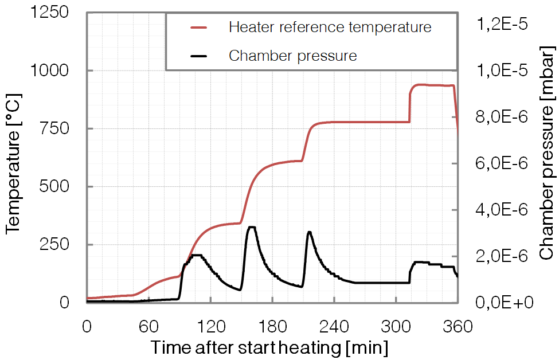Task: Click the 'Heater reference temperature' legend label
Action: [329, 27]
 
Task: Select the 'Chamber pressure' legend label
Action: [292, 56]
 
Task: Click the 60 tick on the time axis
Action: [148, 327]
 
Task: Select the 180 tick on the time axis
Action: [272, 327]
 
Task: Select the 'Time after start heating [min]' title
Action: [269, 348]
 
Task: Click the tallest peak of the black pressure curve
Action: [251, 228]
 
